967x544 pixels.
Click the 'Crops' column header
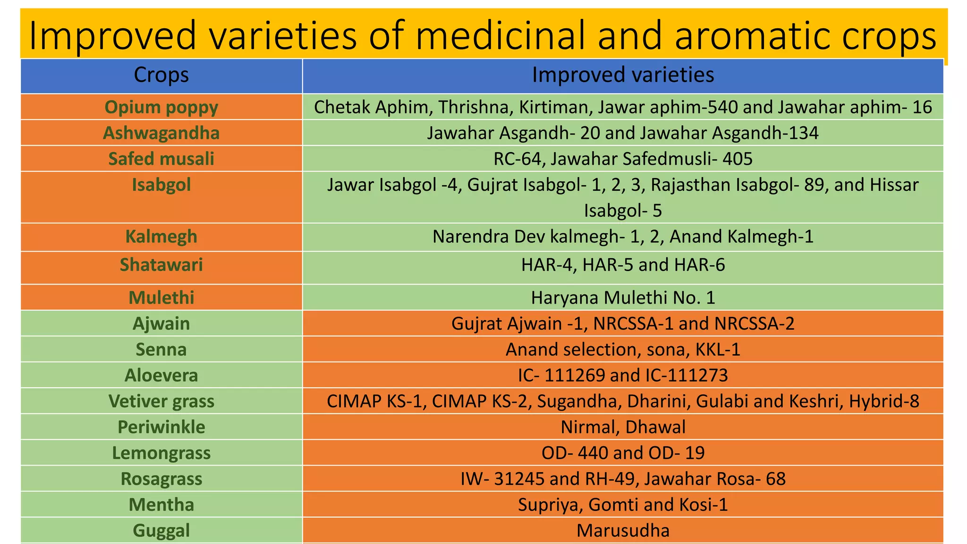[161, 75]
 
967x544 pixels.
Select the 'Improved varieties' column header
[622, 75]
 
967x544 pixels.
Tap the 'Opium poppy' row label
[161, 107]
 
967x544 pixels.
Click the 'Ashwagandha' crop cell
[161, 133]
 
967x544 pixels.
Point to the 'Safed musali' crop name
[161, 159]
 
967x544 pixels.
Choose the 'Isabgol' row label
[161, 185]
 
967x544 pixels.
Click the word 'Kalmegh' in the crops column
[161, 237]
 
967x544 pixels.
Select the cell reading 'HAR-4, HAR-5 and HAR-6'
[622, 265]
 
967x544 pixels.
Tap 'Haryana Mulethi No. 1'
[622, 298]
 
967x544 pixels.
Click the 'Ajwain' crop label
[161, 324]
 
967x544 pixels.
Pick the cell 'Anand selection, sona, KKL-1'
[622, 350]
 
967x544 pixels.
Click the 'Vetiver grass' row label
[161, 401]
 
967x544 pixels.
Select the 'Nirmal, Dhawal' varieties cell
[622, 427]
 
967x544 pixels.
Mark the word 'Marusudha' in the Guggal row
[622, 531]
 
